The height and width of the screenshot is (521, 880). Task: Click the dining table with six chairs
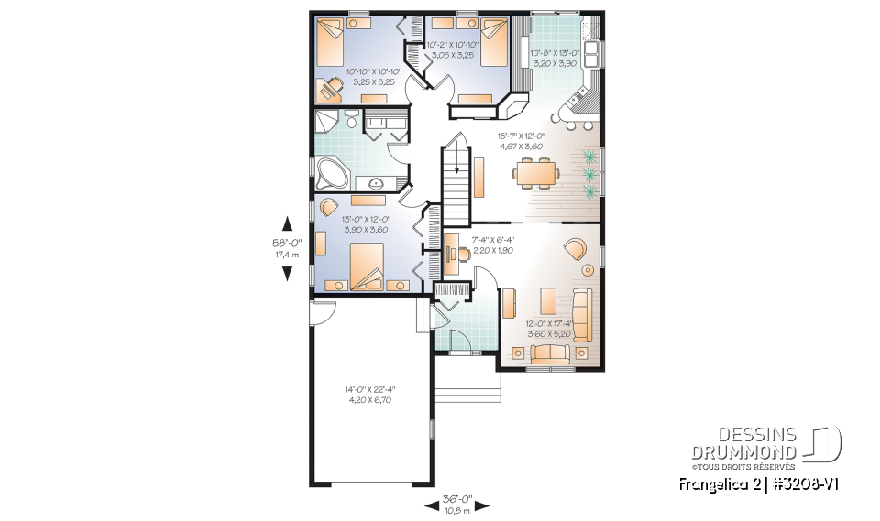536,171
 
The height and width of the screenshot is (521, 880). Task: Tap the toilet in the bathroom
350,120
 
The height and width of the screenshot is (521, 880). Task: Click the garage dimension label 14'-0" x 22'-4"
370,396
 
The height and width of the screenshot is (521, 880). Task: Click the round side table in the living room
588,270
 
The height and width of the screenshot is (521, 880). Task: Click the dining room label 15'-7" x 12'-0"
522,141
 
